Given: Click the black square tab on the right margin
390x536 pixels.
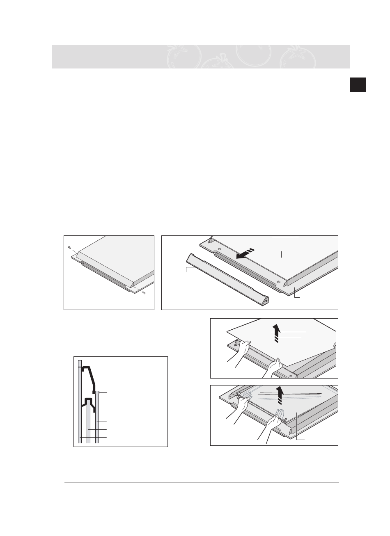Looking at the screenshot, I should coord(358,84).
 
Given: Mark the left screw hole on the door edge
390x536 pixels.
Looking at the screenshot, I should coord(220,249).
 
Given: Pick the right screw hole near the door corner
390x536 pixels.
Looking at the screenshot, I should coord(279,282).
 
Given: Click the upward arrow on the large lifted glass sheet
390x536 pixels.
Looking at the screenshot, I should coord(278,333).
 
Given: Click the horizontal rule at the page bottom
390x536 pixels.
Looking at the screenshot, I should coord(202,483).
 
